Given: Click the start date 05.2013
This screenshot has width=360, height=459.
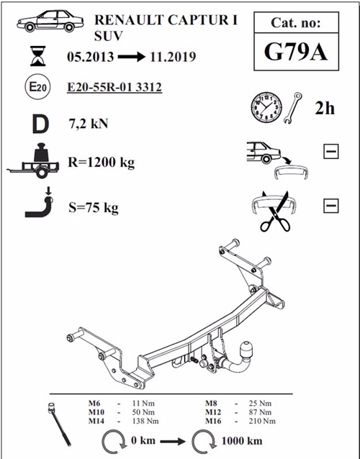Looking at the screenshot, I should point(90,56).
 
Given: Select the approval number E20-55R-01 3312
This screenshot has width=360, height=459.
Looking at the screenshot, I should point(114,88).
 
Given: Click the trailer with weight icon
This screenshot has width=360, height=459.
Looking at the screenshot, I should point(37,162).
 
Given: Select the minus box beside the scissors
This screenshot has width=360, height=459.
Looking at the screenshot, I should point(332,206).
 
